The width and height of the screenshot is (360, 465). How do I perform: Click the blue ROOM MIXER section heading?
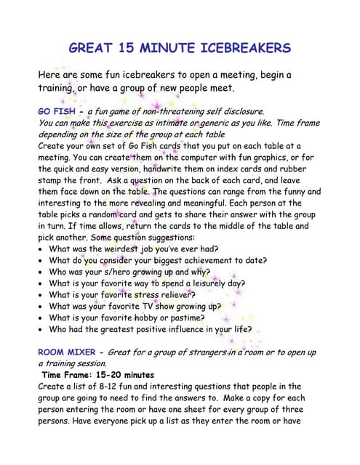point(67,352)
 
